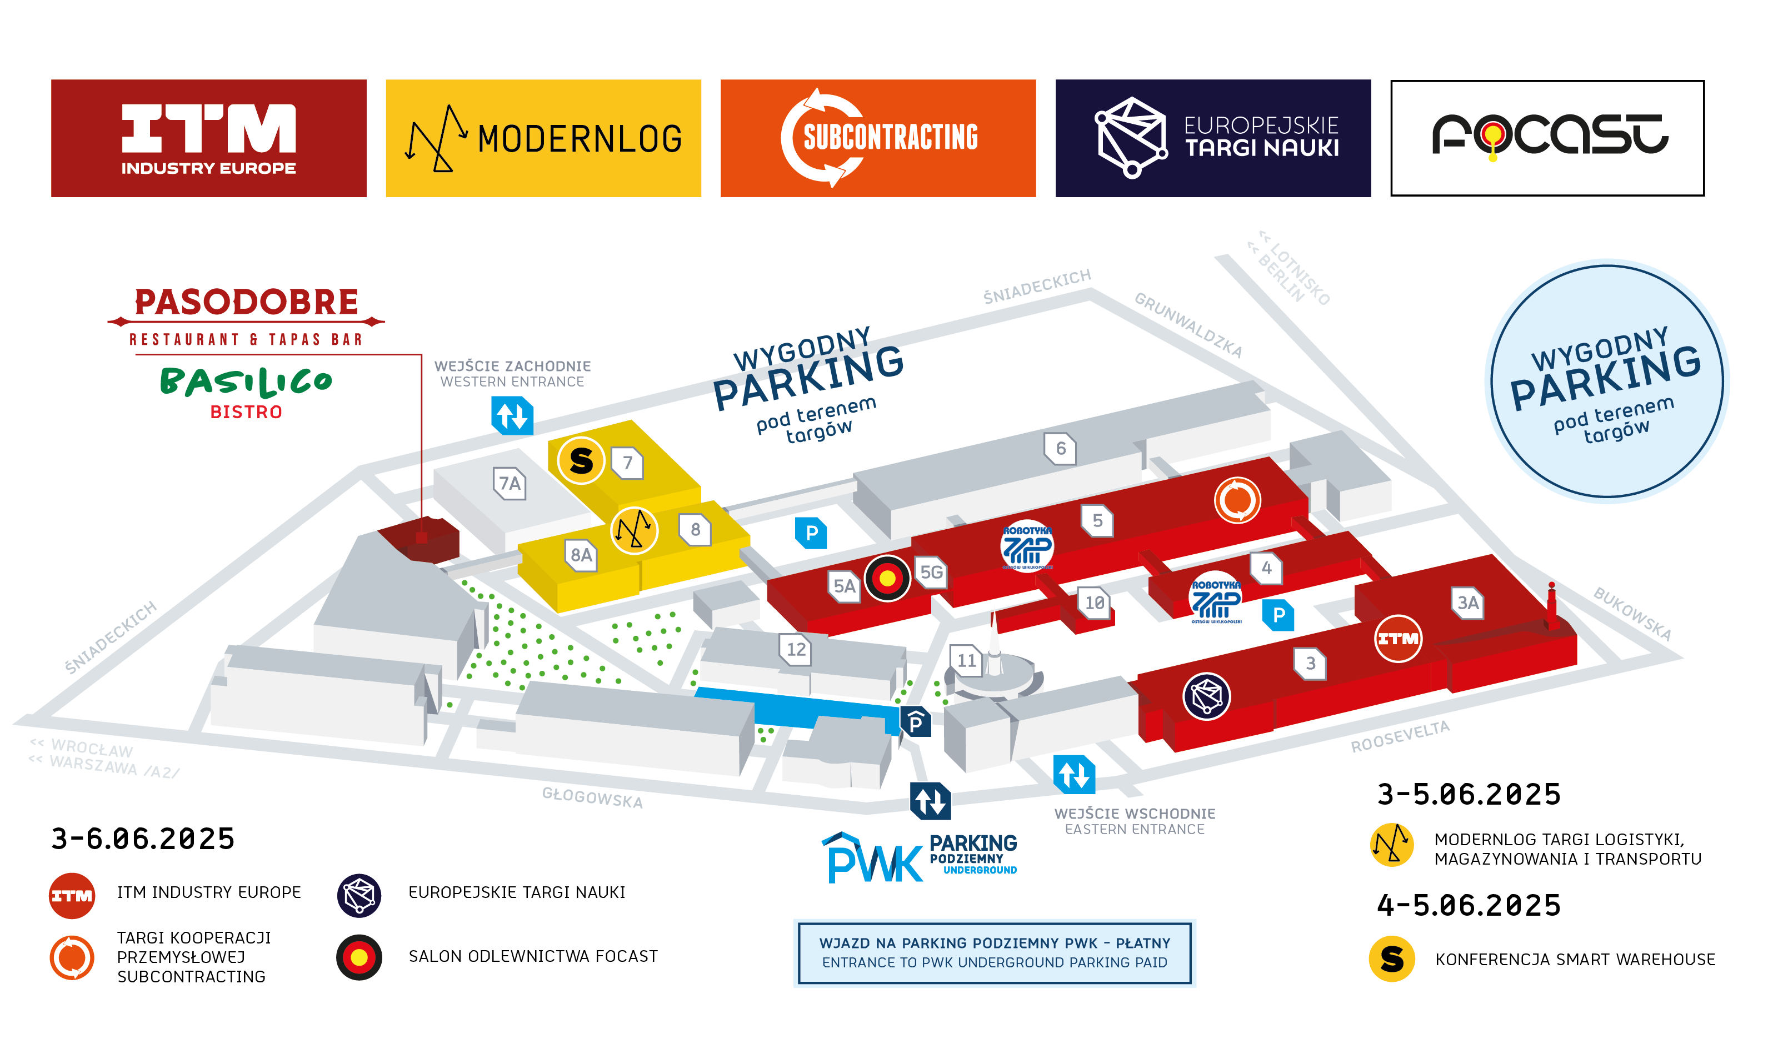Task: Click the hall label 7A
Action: [x=510, y=483]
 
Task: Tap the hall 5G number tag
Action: [x=931, y=571]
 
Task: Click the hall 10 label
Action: [x=1094, y=603]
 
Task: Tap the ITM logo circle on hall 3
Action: [x=1397, y=639]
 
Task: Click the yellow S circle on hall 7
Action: [x=581, y=460]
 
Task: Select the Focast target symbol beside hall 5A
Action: [x=887, y=579]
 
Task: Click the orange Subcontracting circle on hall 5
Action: [x=1237, y=500]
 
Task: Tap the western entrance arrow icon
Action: [x=512, y=415]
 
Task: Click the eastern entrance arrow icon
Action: [x=1074, y=775]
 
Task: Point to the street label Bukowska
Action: [x=1631, y=613]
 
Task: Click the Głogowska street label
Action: [x=592, y=797]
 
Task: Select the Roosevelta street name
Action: [x=1400, y=736]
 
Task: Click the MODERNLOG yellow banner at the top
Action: [x=543, y=138]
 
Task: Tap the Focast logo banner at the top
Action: [x=1547, y=138]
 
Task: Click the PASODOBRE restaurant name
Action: [x=246, y=302]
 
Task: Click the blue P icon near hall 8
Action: [x=811, y=533]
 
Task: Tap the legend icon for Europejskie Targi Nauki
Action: [x=359, y=895]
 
